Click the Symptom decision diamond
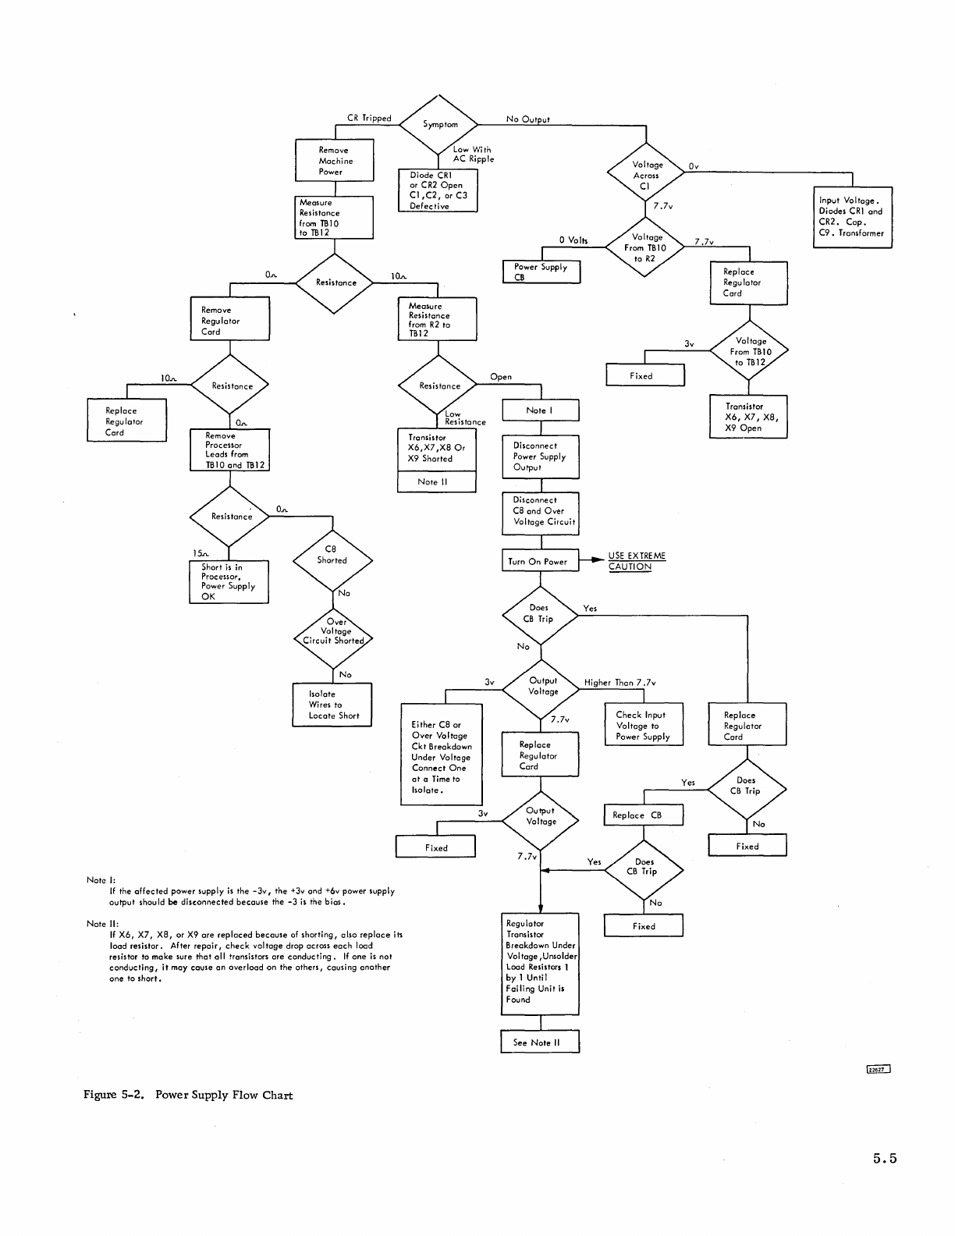tap(439, 123)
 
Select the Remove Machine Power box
tap(334, 161)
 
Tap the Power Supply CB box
tap(541, 272)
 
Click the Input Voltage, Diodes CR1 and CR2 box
tap(852, 217)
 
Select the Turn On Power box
tap(540, 561)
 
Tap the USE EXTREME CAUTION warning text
tap(636, 561)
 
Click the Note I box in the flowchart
tap(540, 410)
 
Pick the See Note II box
tap(540, 1042)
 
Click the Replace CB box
tap(643, 815)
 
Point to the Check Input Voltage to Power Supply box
tap(643, 725)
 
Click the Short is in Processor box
tap(229, 581)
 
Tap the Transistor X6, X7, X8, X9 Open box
tap(747, 417)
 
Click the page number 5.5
tap(885, 1159)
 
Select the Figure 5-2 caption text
tap(188, 1095)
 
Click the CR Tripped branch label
tap(369, 119)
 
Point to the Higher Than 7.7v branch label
tap(620, 683)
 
